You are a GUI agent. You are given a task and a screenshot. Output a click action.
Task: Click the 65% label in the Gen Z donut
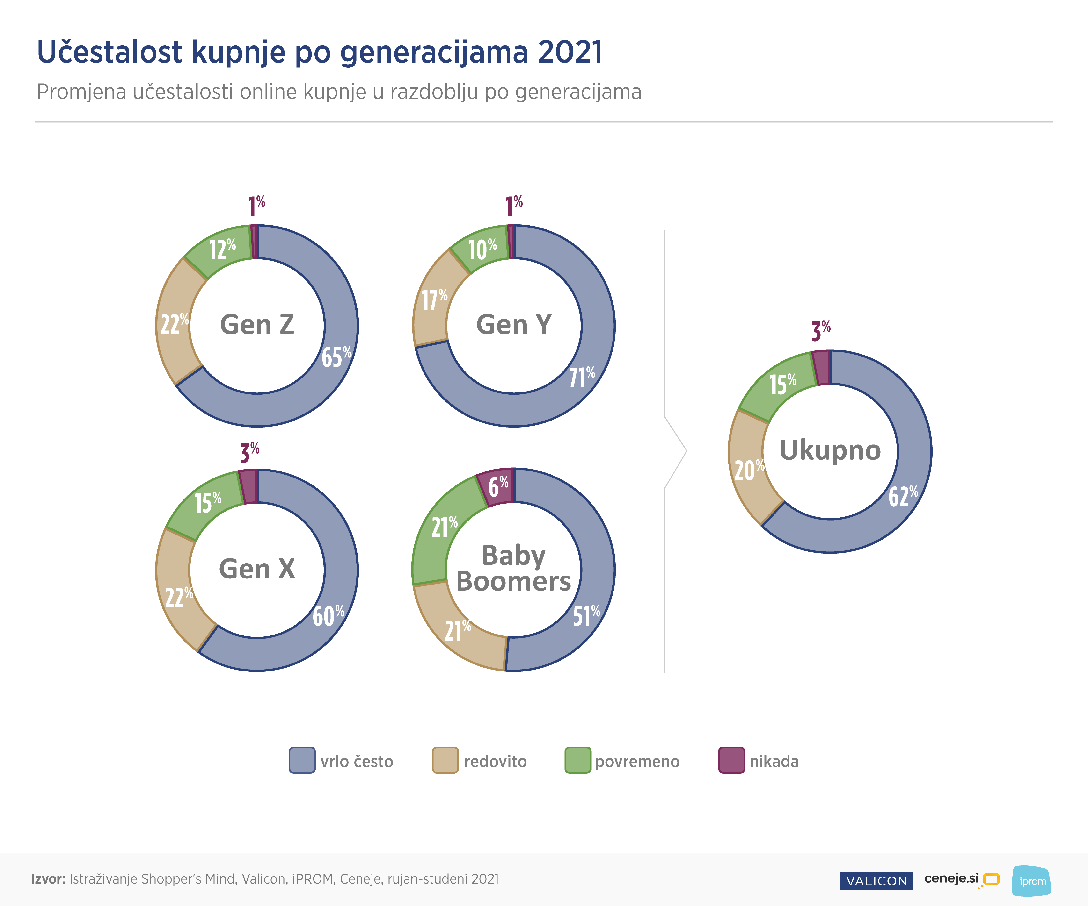click(336, 357)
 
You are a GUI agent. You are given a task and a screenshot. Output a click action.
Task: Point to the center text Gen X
click(257, 569)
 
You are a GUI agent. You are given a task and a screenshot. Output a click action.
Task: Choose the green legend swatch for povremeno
click(578, 760)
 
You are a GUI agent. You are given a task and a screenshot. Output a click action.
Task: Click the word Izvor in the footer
click(48, 879)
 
